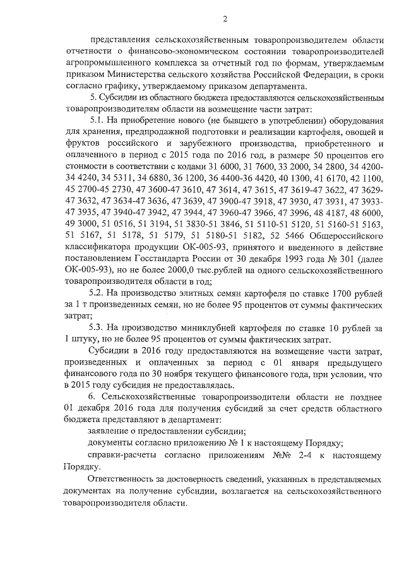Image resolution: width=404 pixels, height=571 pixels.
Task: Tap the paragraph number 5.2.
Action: pyautogui.click(x=98, y=293)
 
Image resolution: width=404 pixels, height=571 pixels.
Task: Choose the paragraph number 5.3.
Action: pyautogui.click(x=98, y=328)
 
